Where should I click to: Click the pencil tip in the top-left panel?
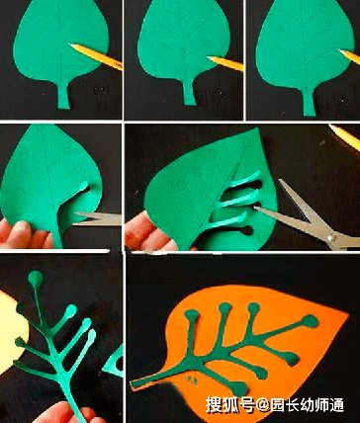point(70,44)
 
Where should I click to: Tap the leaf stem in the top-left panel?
point(64,96)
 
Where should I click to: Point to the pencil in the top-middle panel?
point(225,63)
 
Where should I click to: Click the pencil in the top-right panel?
point(350,56)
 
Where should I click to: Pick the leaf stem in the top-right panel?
point(309,102)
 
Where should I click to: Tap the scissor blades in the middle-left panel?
point(97,218)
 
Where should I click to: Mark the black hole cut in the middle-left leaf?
point(87,189)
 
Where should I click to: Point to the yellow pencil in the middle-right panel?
point(345,135)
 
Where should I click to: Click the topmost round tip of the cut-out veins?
point(36,278)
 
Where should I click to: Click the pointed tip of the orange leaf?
point(347,314)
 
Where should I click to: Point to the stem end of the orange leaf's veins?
point(134,385)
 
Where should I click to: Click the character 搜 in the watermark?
point(214,404)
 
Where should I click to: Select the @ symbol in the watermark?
point(262,405)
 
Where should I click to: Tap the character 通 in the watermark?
point(336,404)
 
